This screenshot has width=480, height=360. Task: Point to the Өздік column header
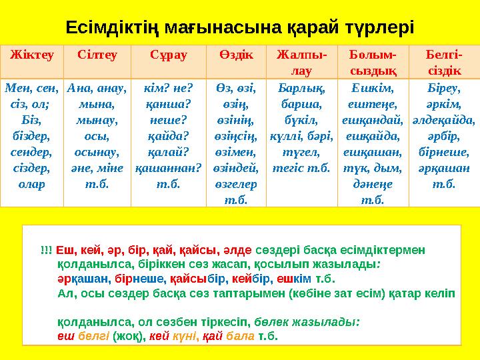pyautogui.click(x=234, y=54)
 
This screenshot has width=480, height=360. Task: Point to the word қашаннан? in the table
pyautogui.click(x=165, y=169)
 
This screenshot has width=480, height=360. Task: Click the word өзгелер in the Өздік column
pyautogui.click(x=233, y=183)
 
